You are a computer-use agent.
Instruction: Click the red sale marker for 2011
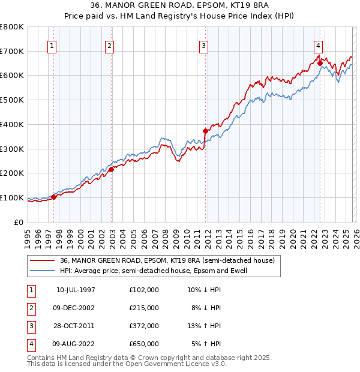205,131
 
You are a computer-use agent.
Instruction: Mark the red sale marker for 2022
320,62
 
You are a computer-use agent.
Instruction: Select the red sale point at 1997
54,197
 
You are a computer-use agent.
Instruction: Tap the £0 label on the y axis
19,222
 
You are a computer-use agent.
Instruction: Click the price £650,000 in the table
144,344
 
